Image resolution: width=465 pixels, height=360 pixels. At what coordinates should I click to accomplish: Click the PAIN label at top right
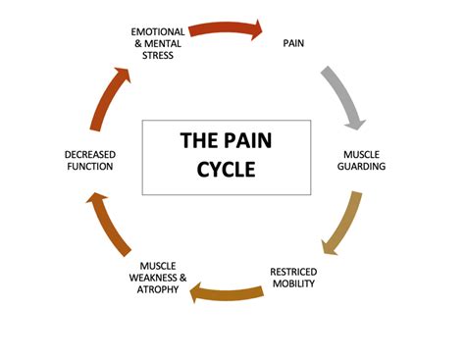point(293,43)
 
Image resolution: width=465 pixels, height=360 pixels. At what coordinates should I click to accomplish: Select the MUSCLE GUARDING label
point(364,160)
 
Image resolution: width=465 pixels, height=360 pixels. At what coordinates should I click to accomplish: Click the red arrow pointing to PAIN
point(226,29)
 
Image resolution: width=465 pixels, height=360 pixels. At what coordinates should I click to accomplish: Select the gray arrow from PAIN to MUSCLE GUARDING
point(345,98)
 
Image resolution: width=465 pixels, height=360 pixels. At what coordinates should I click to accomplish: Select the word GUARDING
point(364,167)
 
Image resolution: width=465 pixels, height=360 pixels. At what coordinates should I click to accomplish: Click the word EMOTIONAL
point(158,31)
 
